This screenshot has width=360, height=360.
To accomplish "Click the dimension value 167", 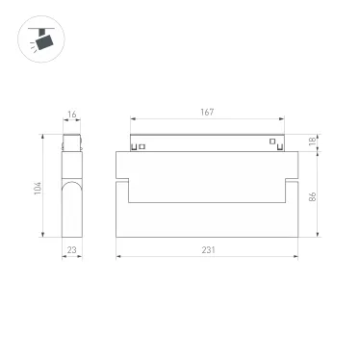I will (x=208, y=113).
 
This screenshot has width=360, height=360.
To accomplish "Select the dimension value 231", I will (x=208, y=249).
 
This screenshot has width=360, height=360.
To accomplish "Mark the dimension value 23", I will (x=72, y=250).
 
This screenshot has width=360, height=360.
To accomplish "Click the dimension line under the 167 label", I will (x=208, y=119).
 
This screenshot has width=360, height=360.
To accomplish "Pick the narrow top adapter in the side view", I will (x=71, y=144).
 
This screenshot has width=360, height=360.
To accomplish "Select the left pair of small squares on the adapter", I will (x=139, y=147).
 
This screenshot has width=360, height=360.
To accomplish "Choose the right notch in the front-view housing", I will (x=292, y=178).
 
